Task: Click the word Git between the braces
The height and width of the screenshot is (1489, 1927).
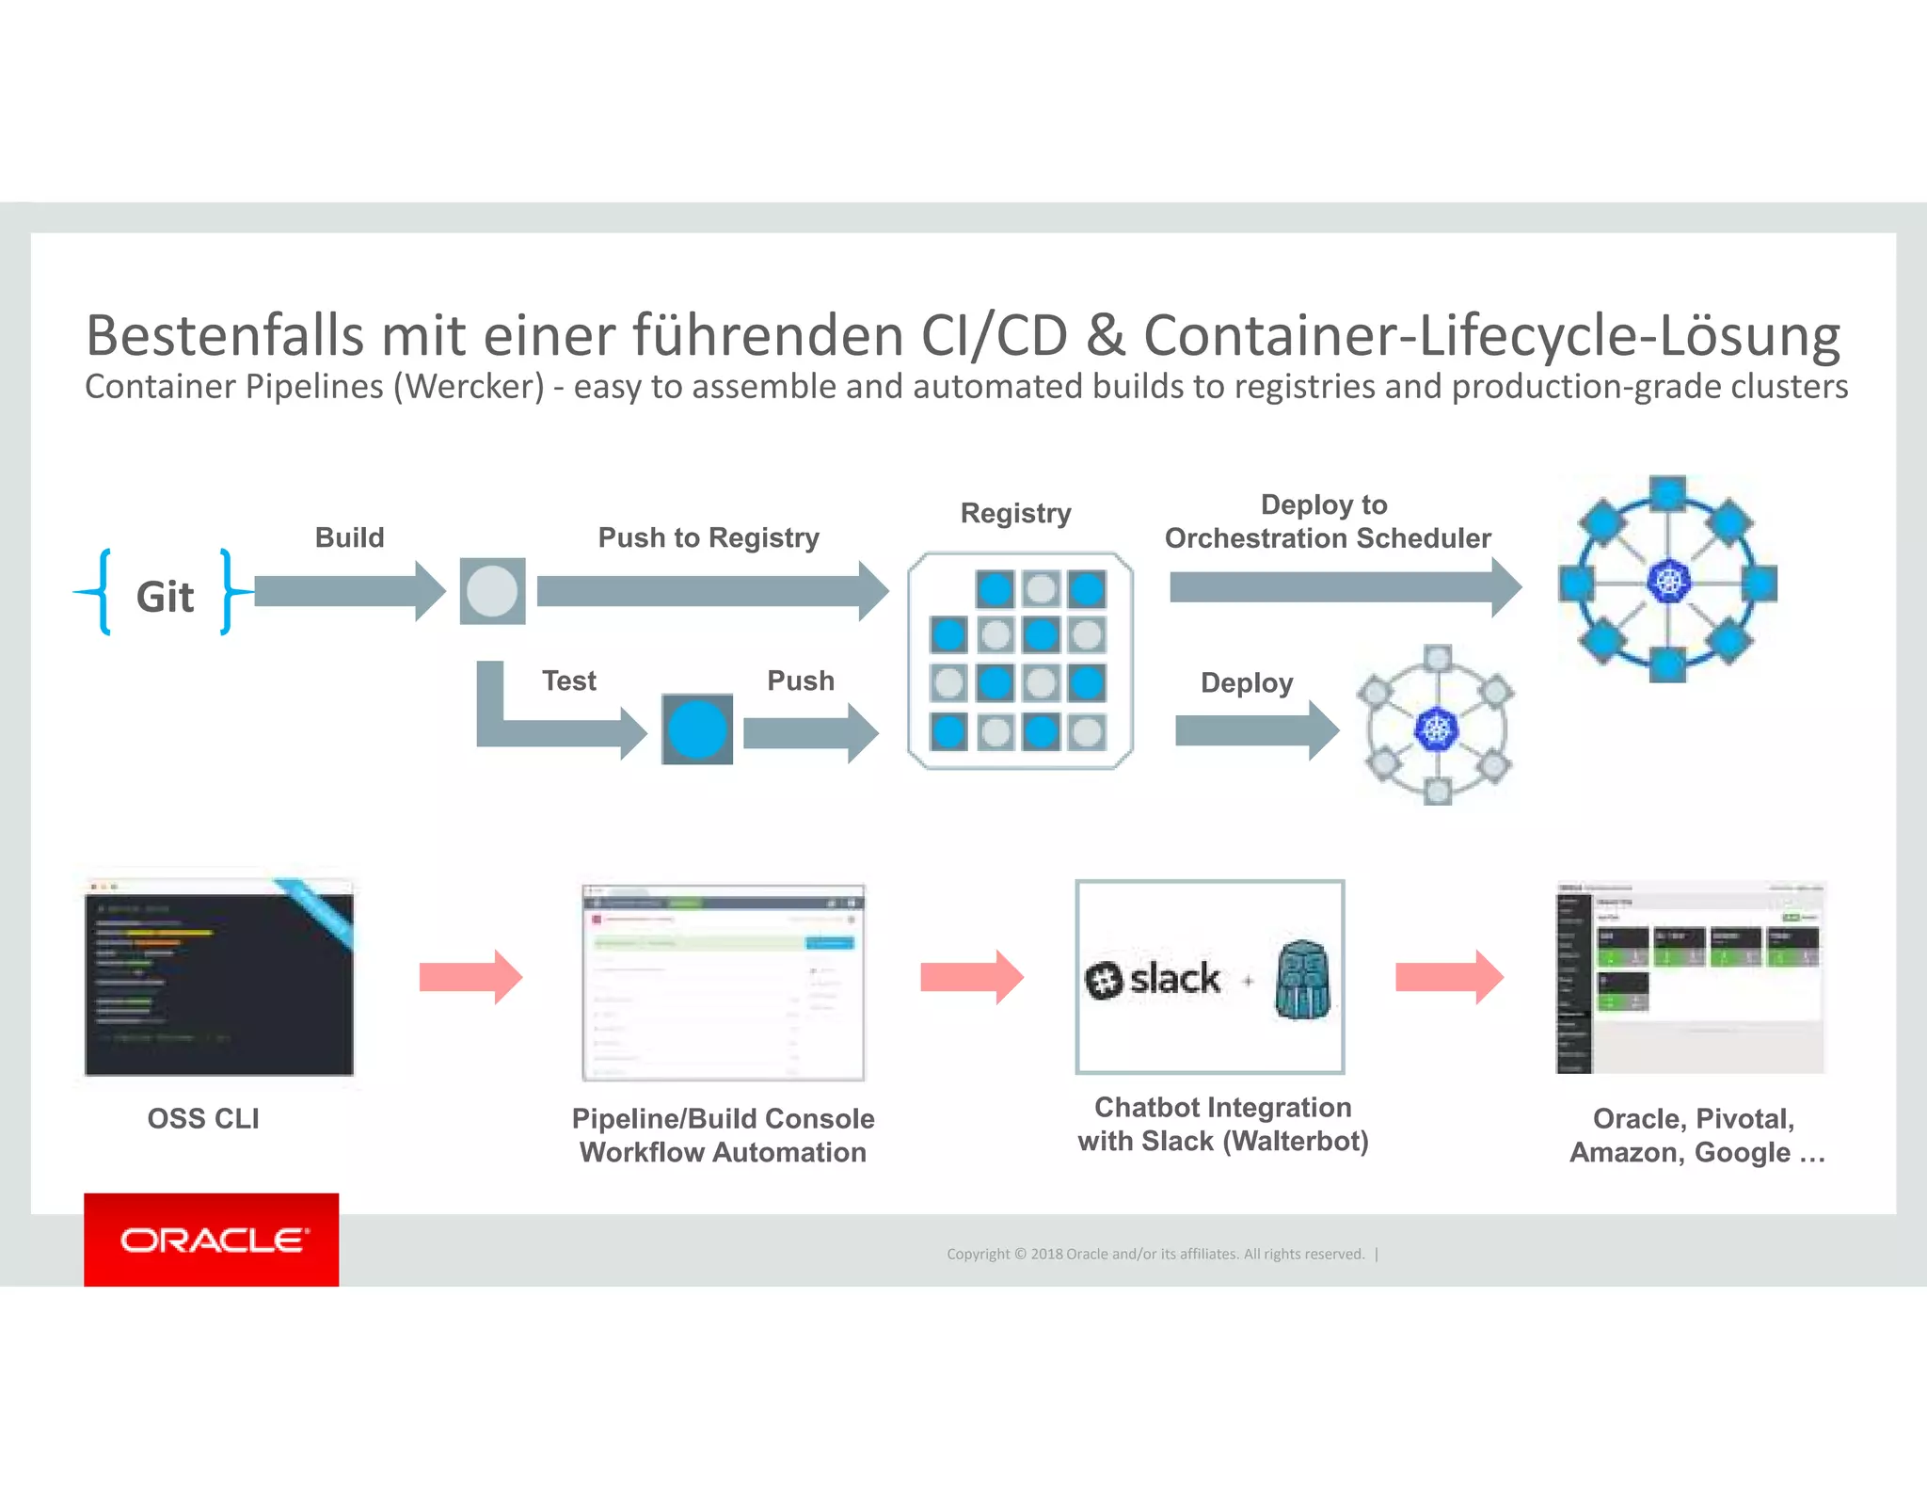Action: [x=165, y=597]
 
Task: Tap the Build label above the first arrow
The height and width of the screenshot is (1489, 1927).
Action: [x=349, y=537]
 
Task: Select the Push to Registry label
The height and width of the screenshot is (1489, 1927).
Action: [x=708, y=537]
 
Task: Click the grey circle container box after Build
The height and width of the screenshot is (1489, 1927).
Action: [x=492, y=592]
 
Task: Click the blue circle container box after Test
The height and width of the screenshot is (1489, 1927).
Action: [x=696, y=729]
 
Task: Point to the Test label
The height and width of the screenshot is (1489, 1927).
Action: [x=568, y=680]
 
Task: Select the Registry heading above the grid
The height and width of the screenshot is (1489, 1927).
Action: [x=1015, y=513]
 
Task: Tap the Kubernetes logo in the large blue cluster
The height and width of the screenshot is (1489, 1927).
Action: [x=1668, y=581]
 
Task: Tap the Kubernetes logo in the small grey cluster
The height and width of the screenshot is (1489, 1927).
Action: [x=1437, y=728]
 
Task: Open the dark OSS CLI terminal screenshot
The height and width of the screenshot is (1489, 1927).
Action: [x=218, y=979]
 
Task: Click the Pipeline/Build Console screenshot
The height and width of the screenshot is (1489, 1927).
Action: [x=723, y=982]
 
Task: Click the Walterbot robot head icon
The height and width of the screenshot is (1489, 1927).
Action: [x=1303, y=980]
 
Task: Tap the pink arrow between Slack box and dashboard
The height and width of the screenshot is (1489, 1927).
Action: [x=1449, y=978]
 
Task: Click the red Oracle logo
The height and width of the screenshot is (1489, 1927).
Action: [x=212, y=1240]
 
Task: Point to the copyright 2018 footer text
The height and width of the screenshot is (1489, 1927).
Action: [x=1155, y=1254]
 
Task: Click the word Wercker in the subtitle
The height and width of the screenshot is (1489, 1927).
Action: [x=469, y=387]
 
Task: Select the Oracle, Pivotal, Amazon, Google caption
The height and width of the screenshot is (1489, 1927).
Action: [x=1696, y=1135]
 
